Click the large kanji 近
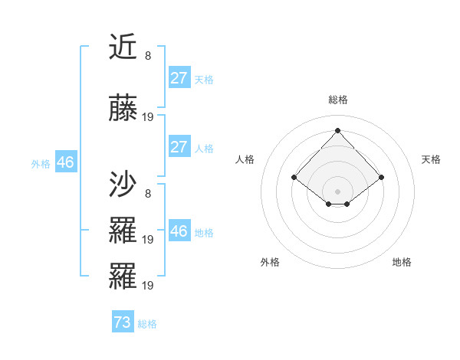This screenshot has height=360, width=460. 123,47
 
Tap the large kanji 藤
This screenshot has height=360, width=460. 123,110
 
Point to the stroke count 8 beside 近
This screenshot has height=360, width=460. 148,55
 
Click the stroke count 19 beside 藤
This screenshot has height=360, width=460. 148,117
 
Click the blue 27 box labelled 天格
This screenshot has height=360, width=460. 179,78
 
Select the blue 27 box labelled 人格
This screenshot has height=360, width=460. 179,147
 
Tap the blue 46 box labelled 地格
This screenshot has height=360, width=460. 179,231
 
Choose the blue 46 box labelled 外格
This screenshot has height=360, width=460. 65,162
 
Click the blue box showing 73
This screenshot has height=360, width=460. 122,322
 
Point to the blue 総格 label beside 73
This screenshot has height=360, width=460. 147,324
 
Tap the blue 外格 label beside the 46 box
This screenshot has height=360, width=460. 41,163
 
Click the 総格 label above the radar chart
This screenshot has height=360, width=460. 337,100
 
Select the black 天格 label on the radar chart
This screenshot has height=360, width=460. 432,159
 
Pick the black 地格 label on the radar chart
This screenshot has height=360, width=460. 402,262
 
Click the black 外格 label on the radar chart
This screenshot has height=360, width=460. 270,262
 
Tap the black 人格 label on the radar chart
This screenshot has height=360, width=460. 245,159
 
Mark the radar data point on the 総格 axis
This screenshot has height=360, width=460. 337,129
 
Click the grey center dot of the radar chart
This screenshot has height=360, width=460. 337,191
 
